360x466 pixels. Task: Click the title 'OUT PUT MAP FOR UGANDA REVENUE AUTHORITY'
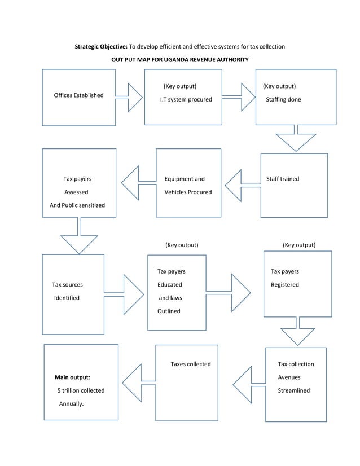(x=179, y=60)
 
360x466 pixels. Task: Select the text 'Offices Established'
(x=78, y=95)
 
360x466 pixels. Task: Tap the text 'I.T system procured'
(x=186, y=100)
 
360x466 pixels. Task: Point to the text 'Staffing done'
(x=283, y=100)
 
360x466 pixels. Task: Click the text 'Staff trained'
(x=283, y=179)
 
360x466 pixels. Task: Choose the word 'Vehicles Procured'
(x=188, y=192)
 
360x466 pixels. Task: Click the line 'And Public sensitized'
(x=77, y=205)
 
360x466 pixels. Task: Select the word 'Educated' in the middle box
(x=169, y=285)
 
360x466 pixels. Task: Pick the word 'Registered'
(x=284, y=285)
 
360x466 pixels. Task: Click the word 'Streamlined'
(x=293, y=390)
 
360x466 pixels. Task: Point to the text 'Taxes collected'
(x=191, y=364)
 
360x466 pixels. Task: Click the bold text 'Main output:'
(x=72, y=377)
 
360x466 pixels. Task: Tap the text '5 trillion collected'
(x=81, y=390)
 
